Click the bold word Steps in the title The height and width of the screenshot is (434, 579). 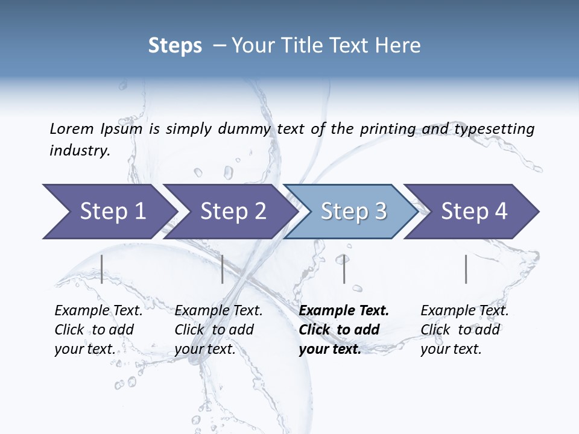(x=175, y=46)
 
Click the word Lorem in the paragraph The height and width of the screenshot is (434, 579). (x=71, y=128)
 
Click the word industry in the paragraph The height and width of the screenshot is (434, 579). (x=79, y=151)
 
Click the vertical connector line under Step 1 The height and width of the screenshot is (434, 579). (x=102, y=269)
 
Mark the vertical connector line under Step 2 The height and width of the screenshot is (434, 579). (x=223, y=269)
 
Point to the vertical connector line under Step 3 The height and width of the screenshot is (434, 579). (x=344, y=269)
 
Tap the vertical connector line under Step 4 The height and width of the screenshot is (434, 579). (x=466, y=269)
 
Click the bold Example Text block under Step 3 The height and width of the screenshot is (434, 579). (x=344, y=330)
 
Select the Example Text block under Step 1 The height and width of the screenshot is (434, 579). (x=98, y=330)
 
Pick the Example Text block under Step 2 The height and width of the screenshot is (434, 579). (x=218, y=330)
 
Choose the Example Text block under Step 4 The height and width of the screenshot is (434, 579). (x=464, y=330)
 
